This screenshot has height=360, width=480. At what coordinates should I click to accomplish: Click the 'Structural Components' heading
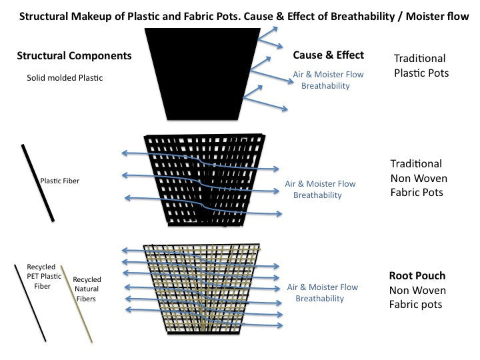[x=74, y=56]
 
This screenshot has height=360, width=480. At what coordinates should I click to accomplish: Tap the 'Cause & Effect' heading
[x=329, y=55]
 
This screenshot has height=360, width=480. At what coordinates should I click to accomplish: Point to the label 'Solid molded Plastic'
[x=65, y=78]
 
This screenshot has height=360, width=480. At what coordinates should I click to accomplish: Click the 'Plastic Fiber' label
[x=60, y=181]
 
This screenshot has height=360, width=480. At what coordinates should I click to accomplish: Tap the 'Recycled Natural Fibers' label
[x=87, y=289]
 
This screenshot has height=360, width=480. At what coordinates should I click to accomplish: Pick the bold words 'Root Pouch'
[x=417, y=276]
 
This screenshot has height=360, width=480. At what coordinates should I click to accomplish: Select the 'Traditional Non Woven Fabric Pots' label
[x=419, y=178]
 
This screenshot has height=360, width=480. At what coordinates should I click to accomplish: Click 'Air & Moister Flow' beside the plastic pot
[x=329, y=75]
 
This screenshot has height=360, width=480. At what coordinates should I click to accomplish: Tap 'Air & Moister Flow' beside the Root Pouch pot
[x=322, y=287]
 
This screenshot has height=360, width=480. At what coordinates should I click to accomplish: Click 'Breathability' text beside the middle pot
[x=317, y=195]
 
